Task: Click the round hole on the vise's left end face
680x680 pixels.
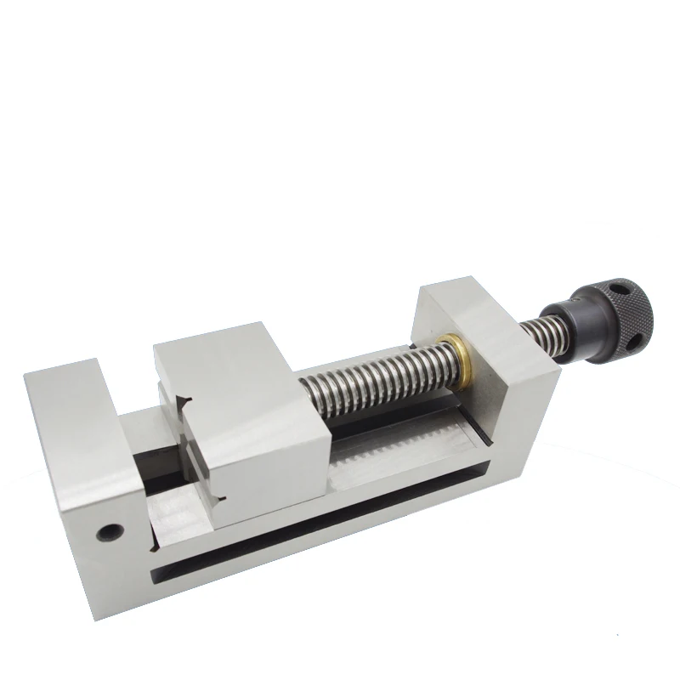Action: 108,532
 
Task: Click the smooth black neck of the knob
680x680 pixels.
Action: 564,327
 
